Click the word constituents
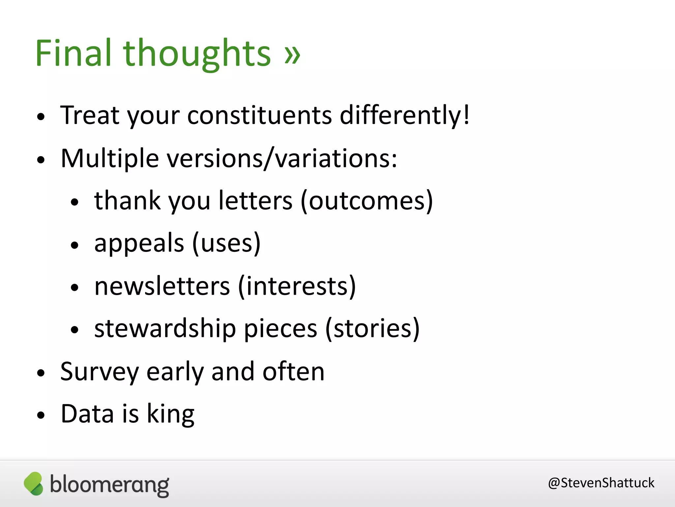point(259,115)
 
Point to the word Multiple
point(110,158)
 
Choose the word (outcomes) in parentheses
point(367,201)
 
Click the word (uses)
point(226,243)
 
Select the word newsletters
point(162,286)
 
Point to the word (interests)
point(297,286)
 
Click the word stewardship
point(165,328)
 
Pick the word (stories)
point(372,328)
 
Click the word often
point(293,372)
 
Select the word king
point(170,414)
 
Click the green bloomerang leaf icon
point(34,484)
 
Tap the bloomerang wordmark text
point(109,485)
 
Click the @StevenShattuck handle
point(601,483)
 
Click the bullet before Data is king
point(41,415)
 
